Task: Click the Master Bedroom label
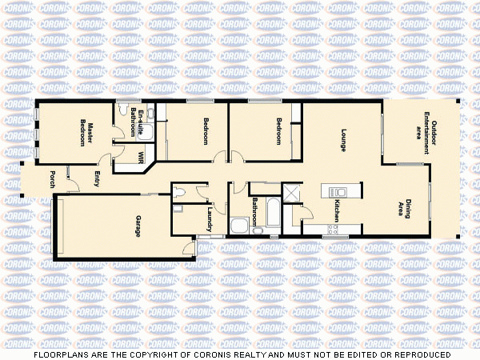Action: click(x=86, y=134)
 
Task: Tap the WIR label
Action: click(x=141, y=156)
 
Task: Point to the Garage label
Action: click(x=138, y=226)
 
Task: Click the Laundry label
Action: click(x=209, y=219)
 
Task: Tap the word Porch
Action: click(x=52, y=179)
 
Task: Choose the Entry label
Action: click(x=97, y=179)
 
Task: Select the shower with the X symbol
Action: click(x=290, y=192)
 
